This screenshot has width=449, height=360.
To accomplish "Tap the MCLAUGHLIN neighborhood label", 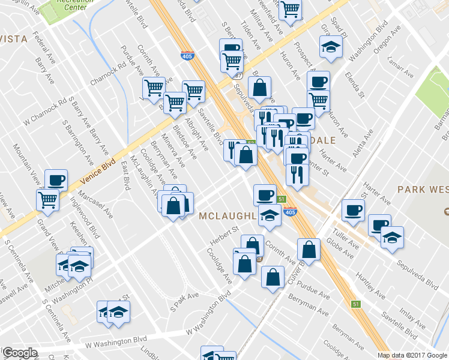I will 228,215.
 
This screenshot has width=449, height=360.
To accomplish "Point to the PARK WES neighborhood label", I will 423,190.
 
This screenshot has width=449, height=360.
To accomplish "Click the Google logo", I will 20,353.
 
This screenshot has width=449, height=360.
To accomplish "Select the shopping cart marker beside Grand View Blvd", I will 47,199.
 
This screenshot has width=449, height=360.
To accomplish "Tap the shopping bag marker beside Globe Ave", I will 309,250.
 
